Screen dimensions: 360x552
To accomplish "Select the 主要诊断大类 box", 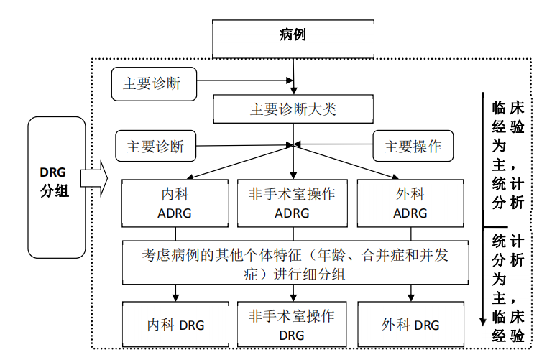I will [x=293, y=109].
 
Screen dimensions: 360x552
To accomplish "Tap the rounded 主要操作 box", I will [x=413, y=147].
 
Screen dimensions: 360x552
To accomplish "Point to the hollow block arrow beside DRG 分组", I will [x=94, y=177].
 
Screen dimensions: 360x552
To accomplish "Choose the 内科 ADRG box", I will [x=172, y=203].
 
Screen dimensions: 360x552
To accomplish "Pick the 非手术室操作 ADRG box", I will [x=292, y=203].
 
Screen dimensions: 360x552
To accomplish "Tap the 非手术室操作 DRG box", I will [x=292, y=325].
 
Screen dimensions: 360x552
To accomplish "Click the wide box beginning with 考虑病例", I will [x=295, y=264].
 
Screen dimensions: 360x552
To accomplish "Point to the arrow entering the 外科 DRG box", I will [x=411, y=293].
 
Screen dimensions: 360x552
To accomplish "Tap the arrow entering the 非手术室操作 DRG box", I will [x=293, y=293].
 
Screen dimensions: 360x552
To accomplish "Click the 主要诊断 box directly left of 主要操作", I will [x=155, y=147].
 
